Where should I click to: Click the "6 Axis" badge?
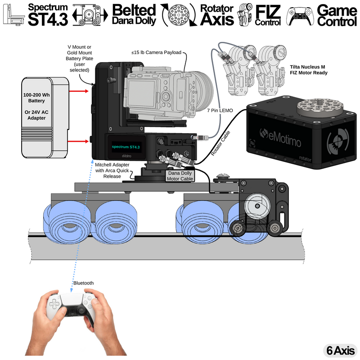tap(339, 350)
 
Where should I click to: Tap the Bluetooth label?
tap(83, 283)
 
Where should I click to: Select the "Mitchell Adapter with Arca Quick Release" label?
tap(112, 171)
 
